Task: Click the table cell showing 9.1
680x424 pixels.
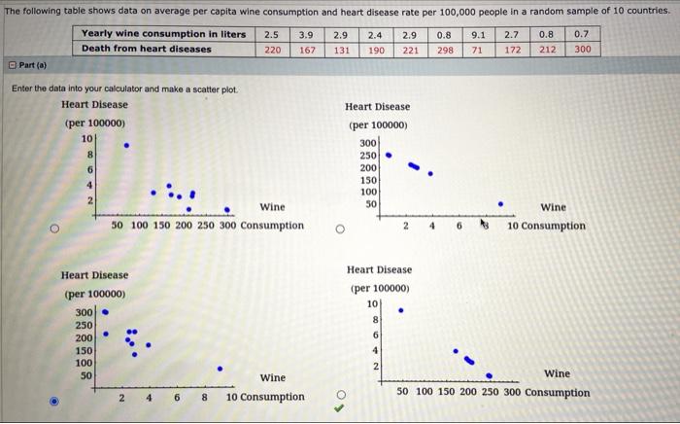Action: click(x=478, y=34)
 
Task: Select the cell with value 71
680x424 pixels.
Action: click(x=478, y=49)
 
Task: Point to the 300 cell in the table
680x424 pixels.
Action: click(x=582, y=49)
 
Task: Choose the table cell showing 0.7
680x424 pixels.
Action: click(x=582, y=34)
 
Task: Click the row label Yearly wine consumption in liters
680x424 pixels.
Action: click(x=163, y=34)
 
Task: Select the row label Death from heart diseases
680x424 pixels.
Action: click(x=147, y=49)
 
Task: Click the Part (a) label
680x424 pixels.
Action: click(x=39, y=66)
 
